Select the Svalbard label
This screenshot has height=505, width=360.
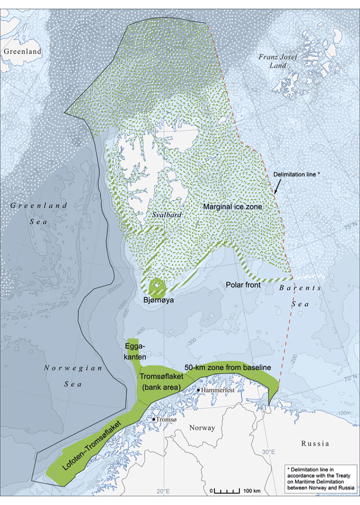156,214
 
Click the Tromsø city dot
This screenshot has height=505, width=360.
154,419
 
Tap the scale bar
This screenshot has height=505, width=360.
227,490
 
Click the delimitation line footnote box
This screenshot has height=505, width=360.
319,479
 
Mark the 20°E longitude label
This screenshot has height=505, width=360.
162,492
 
